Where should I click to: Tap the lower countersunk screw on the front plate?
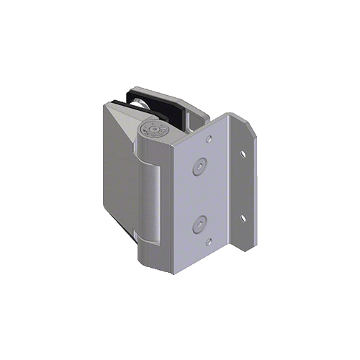point(199,226)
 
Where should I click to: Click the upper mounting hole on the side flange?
point(243,153)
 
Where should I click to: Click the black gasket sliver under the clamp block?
point(134,238)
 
